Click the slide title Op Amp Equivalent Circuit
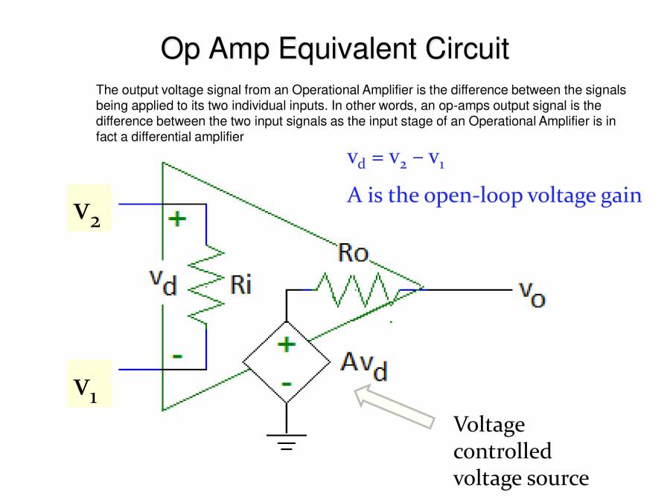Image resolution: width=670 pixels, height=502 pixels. click(x=335, y=49)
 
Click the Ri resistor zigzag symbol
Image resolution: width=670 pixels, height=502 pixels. click(x=206, y=286)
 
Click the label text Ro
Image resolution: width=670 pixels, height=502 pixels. click(x=353, y=253)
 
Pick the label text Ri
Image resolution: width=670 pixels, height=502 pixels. click(x=240, y=284)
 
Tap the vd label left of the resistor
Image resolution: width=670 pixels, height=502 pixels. click(x=163, y=281)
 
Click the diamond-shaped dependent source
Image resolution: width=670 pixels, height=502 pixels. click(x=287, y=363)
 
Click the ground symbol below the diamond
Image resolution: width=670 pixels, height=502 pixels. click(x=287, y=443)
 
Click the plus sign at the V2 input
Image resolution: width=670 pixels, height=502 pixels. click(x=176, y=219)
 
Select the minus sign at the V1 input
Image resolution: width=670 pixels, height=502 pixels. click(x=177, y=355)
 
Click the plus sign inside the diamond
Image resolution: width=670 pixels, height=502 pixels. click(x=286, y=344)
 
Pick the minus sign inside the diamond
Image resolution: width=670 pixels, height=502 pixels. click(x=286, y=383)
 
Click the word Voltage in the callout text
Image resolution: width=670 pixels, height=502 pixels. click(x=489, y=425)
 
